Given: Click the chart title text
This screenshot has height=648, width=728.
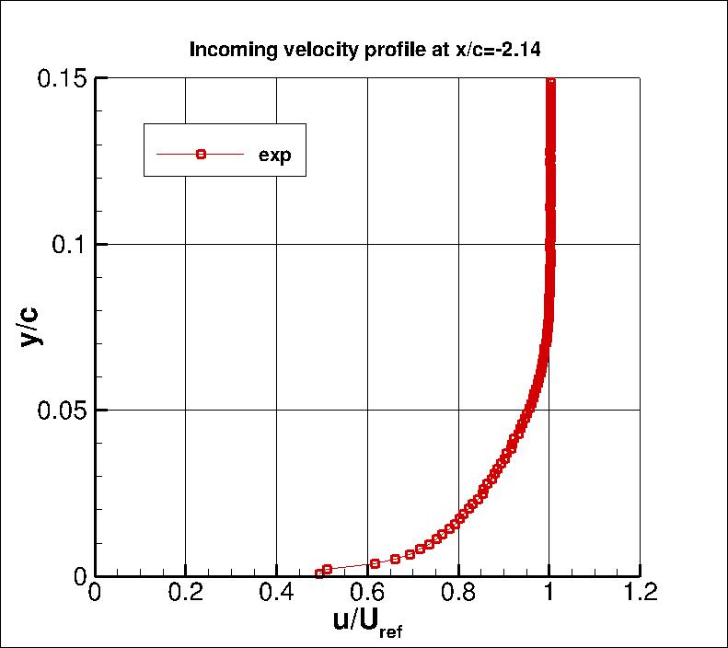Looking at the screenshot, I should click(x=365, y=50).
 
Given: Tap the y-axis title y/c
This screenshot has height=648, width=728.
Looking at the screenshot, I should click(x=30, y=326).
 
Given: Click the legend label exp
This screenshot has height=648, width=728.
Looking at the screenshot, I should click(x=274, y=155).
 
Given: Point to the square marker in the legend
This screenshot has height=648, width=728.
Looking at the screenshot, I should click(x=201, y=154).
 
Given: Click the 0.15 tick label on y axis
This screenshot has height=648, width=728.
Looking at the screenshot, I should click(x=61, y=78).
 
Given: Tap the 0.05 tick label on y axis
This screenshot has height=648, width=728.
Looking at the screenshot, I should click(x=61, y=410).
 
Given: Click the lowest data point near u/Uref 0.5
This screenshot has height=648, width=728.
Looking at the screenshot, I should click(x=319, y=573).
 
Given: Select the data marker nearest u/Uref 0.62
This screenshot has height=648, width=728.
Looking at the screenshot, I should click(x=375, y=563).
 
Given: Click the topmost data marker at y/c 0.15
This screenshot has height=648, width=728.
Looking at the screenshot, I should click(x=551, y=82).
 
